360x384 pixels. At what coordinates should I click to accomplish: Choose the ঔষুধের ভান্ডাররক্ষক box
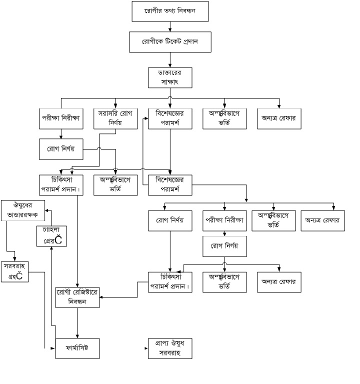coord(23,210)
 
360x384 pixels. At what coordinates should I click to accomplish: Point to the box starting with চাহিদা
coord(51,236)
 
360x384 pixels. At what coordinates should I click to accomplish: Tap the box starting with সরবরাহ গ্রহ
coord(14,270)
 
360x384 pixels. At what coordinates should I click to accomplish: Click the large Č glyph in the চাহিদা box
coord(58,240)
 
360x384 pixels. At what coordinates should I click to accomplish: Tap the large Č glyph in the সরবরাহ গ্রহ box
coord(19,275)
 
